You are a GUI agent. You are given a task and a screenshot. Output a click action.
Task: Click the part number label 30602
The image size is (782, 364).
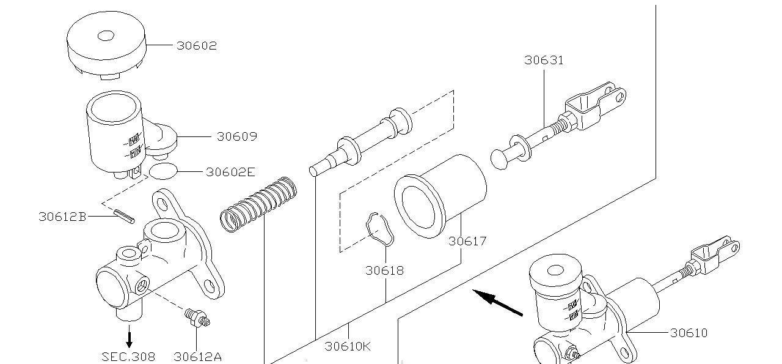[x=197, y=46]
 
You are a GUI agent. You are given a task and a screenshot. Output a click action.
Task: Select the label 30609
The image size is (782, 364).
[x=237, y=136]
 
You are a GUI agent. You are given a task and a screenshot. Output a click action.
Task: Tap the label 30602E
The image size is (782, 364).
[x=230, y=172]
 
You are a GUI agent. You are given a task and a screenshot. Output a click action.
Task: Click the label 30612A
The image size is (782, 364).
[x=197, y=356]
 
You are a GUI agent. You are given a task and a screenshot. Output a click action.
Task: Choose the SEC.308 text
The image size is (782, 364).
[x=128, y=356]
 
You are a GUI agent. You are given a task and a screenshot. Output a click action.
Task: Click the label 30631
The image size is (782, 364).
[x=544, y=60]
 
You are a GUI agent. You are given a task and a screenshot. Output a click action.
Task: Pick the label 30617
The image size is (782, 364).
[x=467, y=241]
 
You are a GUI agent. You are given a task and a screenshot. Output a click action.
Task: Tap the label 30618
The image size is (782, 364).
[x=385, y=270]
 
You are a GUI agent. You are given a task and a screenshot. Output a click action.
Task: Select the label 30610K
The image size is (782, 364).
[x=348, y=346]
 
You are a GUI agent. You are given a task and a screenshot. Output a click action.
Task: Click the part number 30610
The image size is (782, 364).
[x=689, y=333]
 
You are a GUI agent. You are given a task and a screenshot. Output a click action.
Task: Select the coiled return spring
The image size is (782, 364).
[x=258, y=204]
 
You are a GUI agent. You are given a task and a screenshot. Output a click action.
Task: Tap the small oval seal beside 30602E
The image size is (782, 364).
[x=163, y=171]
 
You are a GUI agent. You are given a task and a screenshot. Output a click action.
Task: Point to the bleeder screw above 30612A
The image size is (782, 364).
[x=197, y=316]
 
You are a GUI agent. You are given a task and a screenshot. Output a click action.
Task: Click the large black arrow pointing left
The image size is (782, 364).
[x=497, y=303]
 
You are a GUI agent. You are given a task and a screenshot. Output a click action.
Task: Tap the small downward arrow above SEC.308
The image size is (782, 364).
[x=129, y=338]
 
